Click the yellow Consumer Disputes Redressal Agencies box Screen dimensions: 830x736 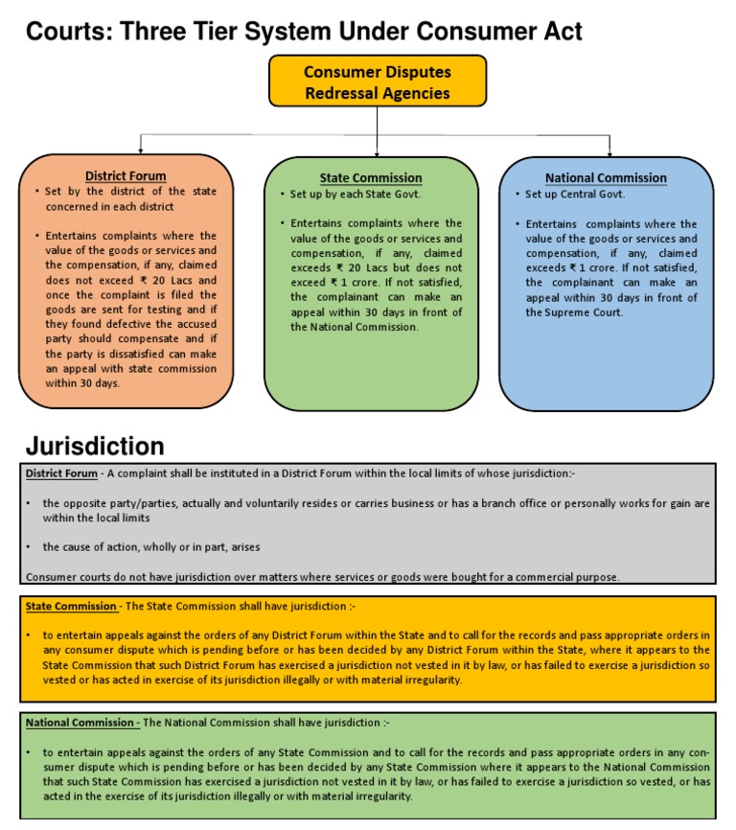(x=377, y=81)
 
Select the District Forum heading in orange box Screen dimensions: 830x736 (x=126, y=176)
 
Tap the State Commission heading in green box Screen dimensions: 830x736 (x=371, y=178)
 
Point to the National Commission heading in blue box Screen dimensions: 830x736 (x=606, y=178)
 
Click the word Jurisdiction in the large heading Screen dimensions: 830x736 (x=95, y=447)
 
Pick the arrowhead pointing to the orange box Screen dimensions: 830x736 (x=141, y=150)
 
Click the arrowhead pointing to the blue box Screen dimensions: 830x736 (x=610, y=150)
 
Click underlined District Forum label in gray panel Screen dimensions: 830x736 (x=61, y=473)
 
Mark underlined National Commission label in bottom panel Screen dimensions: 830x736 (x=80, y=723)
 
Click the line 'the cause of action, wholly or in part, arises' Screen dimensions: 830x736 (x=151, y=547)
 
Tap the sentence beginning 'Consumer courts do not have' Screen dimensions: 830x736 (x=322, y=577)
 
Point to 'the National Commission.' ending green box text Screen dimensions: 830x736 (x=355, y=327)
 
